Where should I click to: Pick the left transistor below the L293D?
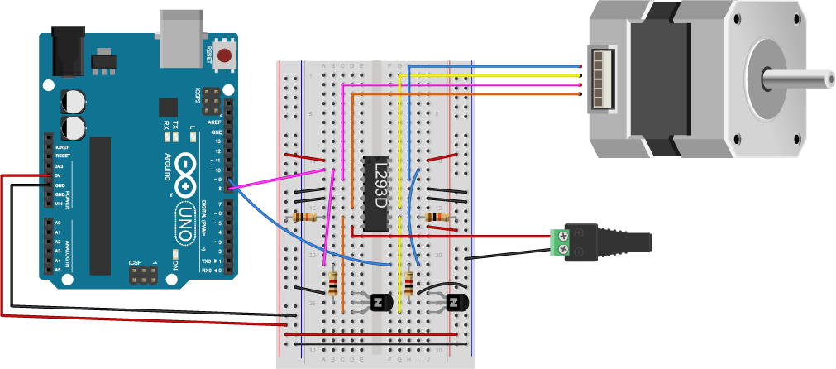[x=381, y=303]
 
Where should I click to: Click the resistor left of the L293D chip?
[x=304, y=218]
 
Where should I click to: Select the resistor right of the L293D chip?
[x=435, y=218]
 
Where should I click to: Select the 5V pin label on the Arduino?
[x=58, y=175]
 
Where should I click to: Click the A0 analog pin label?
[x=58, y=223]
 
